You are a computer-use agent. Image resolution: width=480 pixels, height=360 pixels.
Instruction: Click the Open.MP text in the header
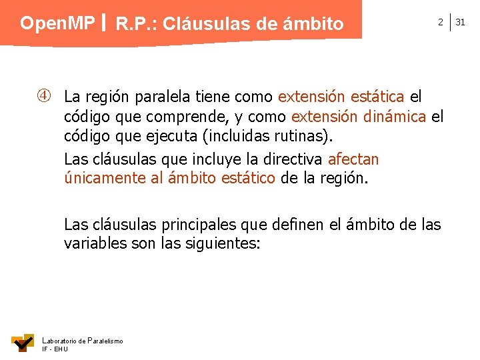point(57,23)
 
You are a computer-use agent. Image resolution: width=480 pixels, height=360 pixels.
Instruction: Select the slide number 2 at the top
point(440,23)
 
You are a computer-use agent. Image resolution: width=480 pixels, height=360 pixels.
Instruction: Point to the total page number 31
point(460,23)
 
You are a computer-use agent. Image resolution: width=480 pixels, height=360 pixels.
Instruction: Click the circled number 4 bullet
point(44,97)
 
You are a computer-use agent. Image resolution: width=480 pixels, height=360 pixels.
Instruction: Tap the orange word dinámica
point(395,117)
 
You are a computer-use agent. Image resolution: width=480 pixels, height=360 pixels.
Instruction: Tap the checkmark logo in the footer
point(23,343)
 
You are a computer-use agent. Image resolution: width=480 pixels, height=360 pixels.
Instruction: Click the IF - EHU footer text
point(55,349)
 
